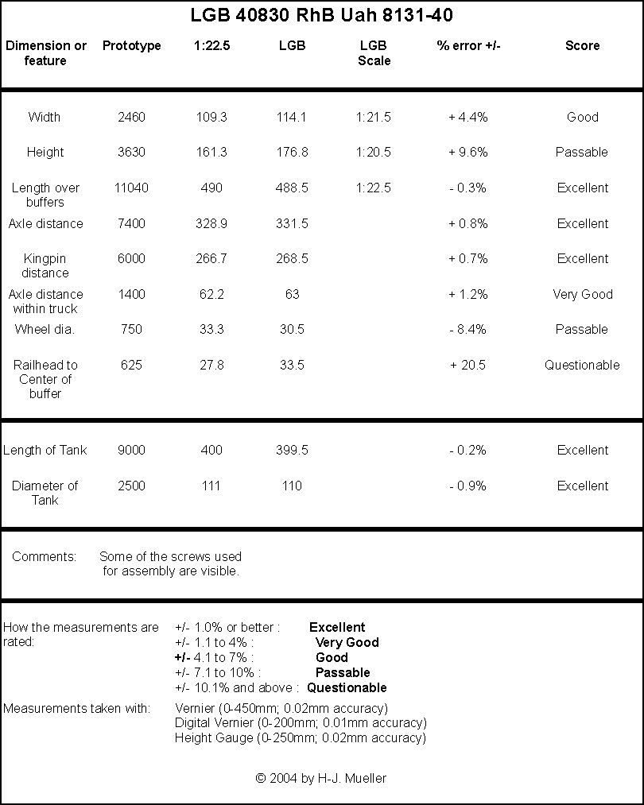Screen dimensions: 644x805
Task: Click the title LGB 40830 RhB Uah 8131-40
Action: (x=321, y=15)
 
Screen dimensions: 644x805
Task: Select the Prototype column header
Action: (x=131, y=45)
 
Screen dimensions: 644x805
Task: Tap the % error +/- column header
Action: (x=468, y=45)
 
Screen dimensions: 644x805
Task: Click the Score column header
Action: (x=582, y=45)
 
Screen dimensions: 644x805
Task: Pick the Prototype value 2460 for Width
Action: (x=131, y=117)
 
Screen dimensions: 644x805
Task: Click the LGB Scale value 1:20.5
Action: (x=374, y=153)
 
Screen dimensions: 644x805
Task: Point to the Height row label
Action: (x=45, y=153)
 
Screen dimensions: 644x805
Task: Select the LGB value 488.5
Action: (x=292, y=188)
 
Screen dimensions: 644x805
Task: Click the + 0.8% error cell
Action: (x=467, y=224)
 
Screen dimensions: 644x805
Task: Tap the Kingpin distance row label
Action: (x=45, y=265)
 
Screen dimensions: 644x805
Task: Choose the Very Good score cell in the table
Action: (x=582, y=295)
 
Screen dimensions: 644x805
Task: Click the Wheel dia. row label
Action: (x=45, y=330)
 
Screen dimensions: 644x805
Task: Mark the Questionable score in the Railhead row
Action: (x=582, y=365)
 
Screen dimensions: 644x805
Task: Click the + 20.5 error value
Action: (x=467, y=365)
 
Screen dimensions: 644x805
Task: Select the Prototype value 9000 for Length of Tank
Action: (x=131, y=451)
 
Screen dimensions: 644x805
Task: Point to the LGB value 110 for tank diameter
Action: (x=292, y=486)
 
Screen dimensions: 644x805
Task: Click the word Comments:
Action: (x=45, y=556)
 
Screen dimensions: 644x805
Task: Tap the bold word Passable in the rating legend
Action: (x=343, y=672)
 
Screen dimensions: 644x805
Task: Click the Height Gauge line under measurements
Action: (x=301, y=738)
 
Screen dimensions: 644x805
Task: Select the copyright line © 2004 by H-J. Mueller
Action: (x=321, y=778)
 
